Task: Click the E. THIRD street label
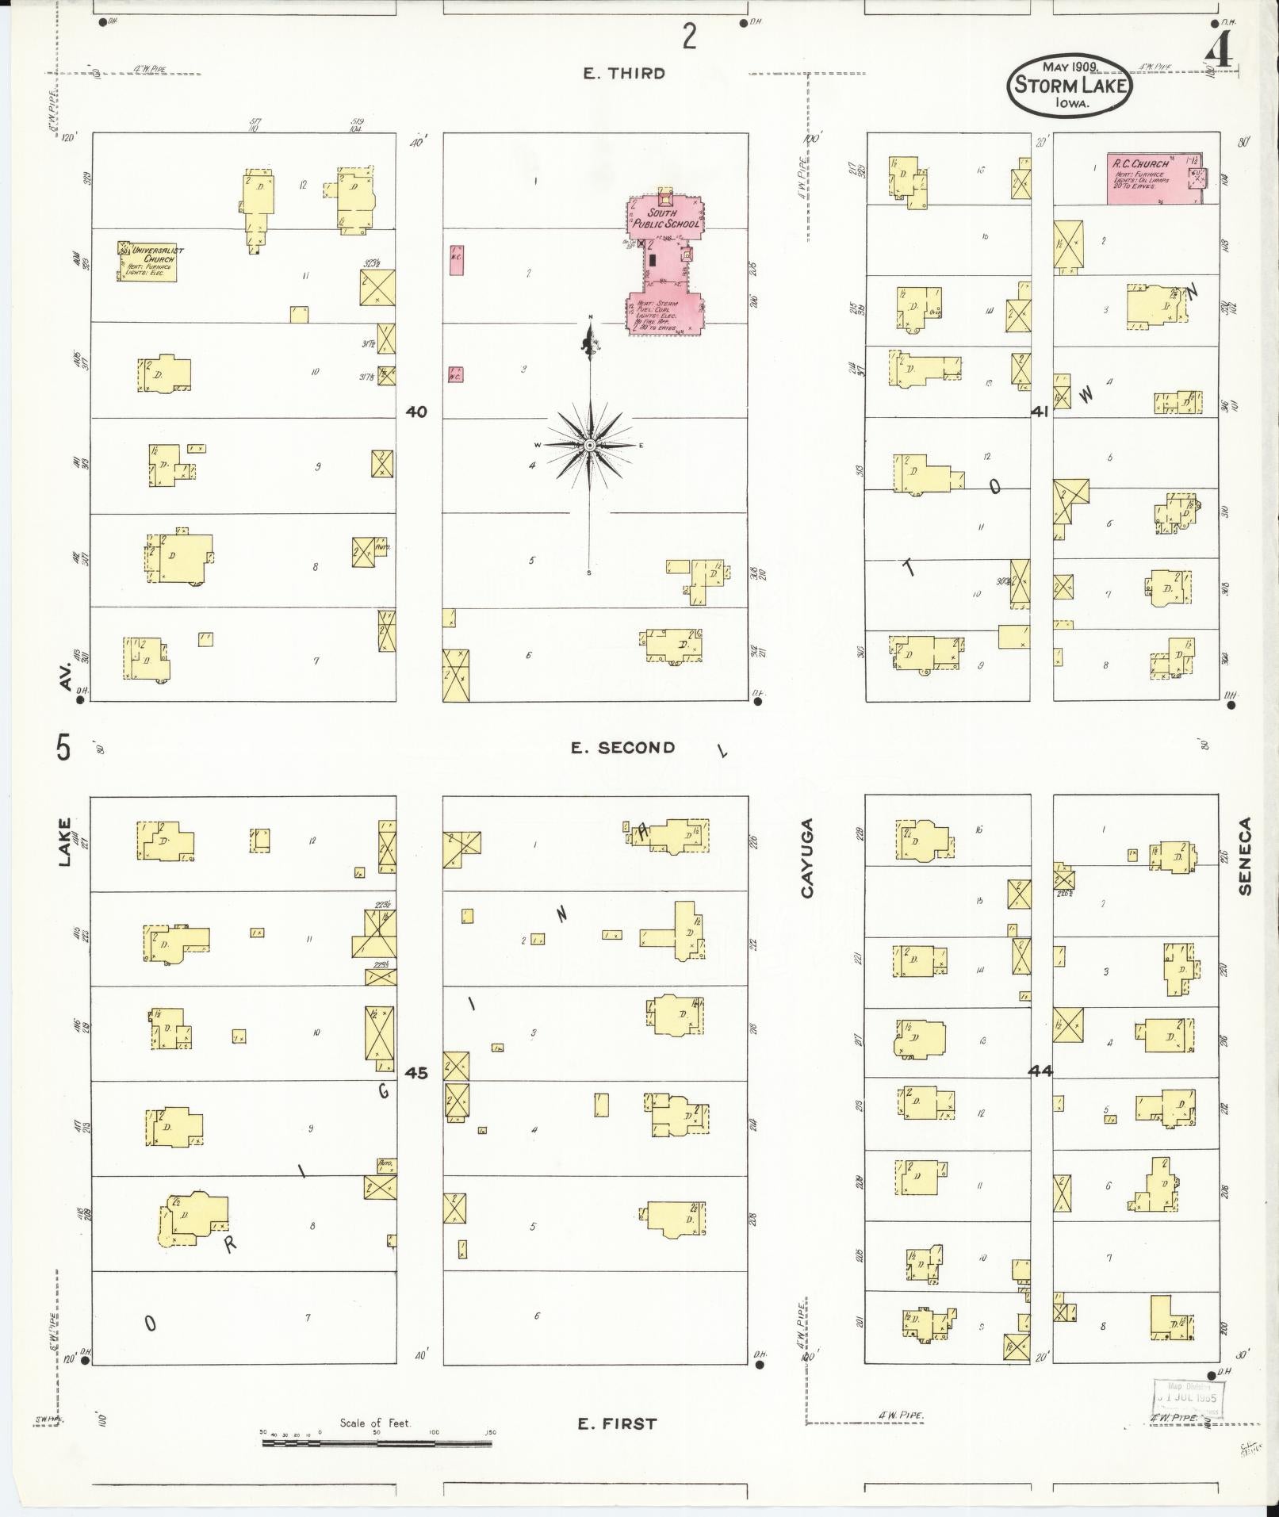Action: click(x=624, y=74)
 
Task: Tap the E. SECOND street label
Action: click(x=623, y=748)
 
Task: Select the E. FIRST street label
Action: click(x=617, y=1423)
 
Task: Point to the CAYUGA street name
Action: click(x=807, y=858)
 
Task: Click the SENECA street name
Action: click(x=1244, y=856)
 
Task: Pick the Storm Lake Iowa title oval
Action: click(x=1069, y=85)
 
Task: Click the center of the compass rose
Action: click(x=589, y=446)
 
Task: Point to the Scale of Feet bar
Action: click(x=377, y=1442)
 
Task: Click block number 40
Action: click(x=415, y=412)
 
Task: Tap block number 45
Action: click(x=415, y=1073)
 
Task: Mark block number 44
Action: click(x=1040, y=1071)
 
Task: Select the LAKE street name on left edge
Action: click(x=64, y=842)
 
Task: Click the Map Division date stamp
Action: click(x=1189, y=1397)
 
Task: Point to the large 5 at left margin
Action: click(x=63, y=748)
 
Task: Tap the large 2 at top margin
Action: click(x=690, y=36)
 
